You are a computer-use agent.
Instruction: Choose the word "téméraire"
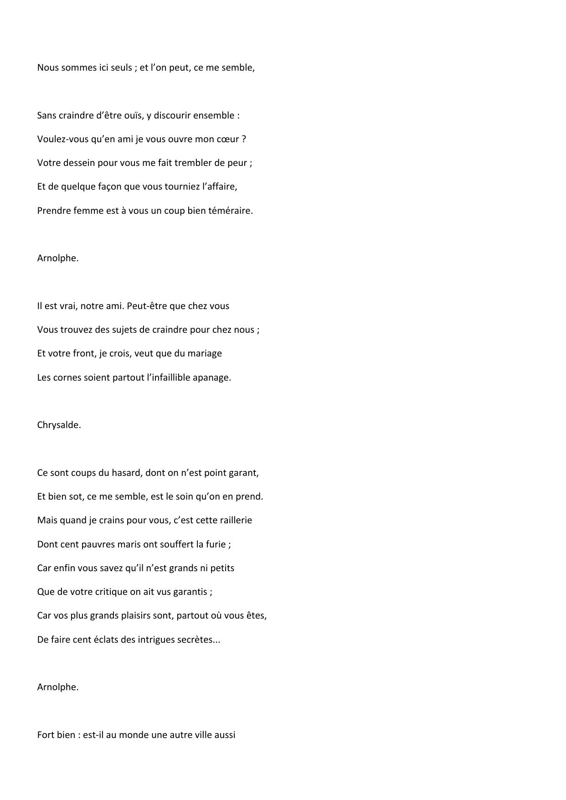coord(230,211)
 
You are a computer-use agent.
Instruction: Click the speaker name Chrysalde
coord(59,425)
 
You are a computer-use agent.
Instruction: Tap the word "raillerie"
coord(234,520)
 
